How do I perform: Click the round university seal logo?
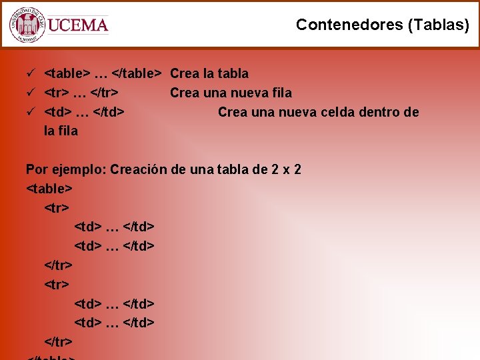[27, 25]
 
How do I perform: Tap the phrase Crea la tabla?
[209, 73]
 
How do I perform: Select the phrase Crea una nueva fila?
[231, 93]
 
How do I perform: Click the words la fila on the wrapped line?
[61, 131]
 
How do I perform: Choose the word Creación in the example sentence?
[139, 169]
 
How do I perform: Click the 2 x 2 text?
[286, 169]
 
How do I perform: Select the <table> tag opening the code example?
[49, 189]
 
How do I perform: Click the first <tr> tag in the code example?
[57, 208]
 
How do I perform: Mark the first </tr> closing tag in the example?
[58, 265]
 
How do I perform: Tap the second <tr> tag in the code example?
[57, 285]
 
